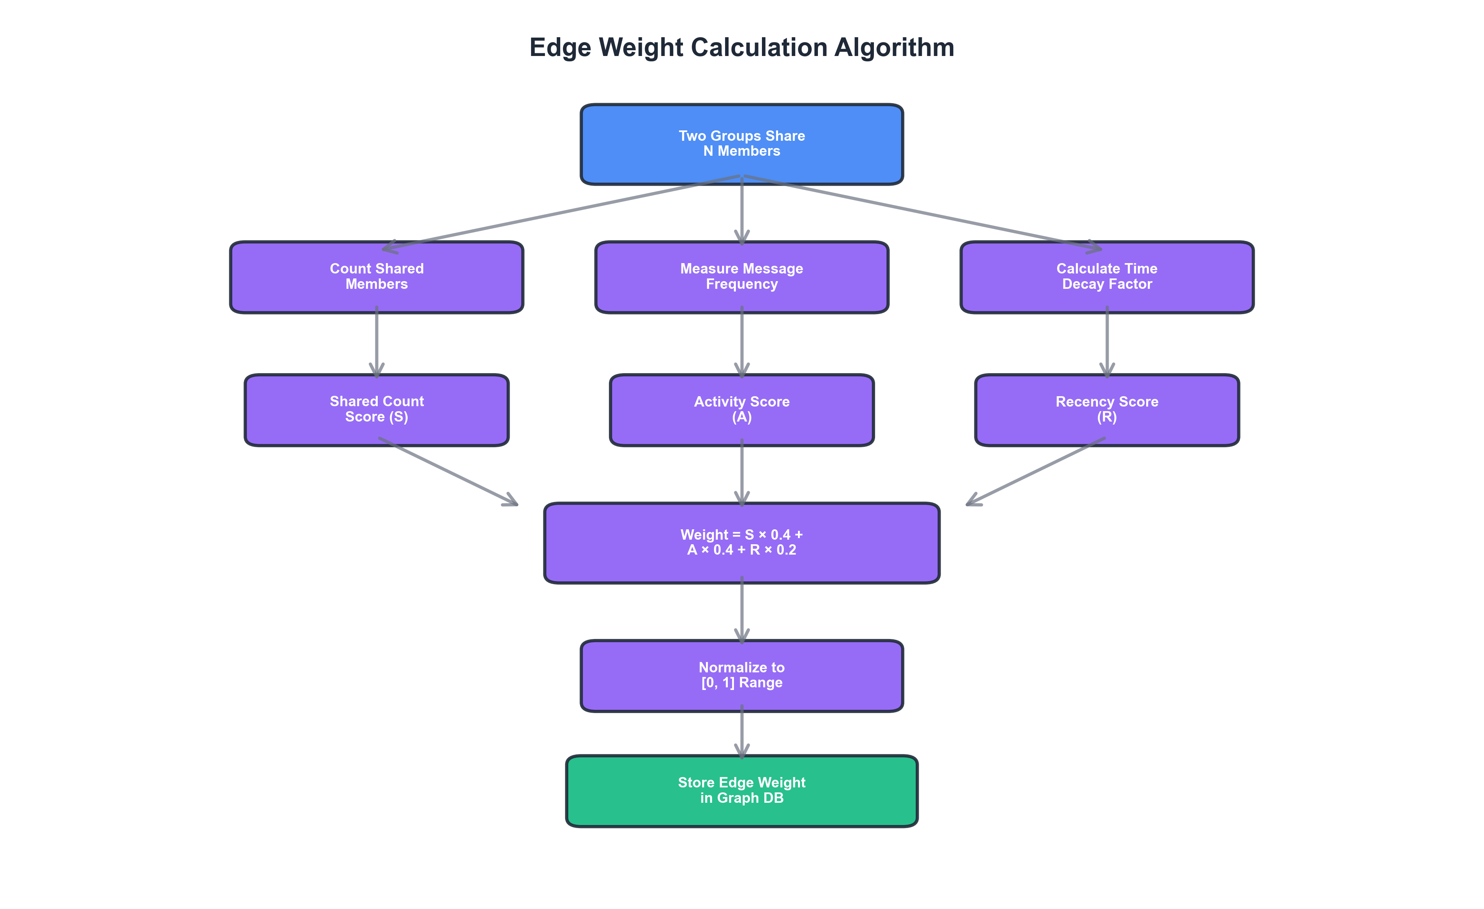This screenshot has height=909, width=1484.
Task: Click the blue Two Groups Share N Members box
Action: pos(741,144)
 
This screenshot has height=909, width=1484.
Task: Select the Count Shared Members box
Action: pos(377,277)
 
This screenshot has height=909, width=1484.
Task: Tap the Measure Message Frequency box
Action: pos(741,277)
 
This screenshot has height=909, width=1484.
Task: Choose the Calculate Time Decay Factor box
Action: pos(1106,277)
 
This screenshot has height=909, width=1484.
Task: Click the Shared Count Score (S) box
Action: pos(377,410)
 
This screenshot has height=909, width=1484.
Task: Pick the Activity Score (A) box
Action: pos(741,410)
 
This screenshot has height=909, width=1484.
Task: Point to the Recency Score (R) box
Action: pos(1106,410)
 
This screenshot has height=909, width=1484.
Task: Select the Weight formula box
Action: pos(741,543)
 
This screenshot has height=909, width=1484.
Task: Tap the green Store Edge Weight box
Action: pos(741,790)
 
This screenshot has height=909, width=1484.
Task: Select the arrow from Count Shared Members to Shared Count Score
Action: pos(377,342)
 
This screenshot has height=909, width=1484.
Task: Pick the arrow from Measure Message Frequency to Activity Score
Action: pos(741,342)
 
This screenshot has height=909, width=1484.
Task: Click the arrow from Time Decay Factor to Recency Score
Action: pos(1106,342)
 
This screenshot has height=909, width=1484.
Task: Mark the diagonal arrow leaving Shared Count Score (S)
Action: pos(449,472)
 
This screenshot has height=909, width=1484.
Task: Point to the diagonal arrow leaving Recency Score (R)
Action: pos(1036,472)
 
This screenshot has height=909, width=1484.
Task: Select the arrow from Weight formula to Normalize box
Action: pos(741,609)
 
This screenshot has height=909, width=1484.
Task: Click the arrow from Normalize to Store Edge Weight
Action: pos(741,732)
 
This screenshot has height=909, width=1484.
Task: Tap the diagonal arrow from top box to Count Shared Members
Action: pos(560,212)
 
